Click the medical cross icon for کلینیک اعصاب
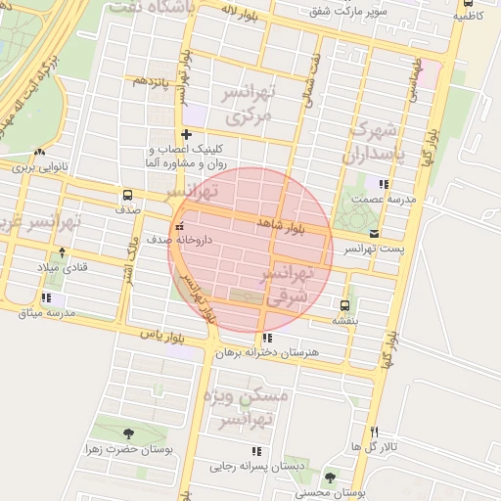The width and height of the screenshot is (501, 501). point(185,133)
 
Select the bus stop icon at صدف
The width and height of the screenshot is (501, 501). point(126,194)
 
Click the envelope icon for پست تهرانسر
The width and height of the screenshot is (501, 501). point(375,233)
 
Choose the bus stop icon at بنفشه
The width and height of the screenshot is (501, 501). point(343,304)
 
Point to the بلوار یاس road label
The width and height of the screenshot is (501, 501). point(162,336)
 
